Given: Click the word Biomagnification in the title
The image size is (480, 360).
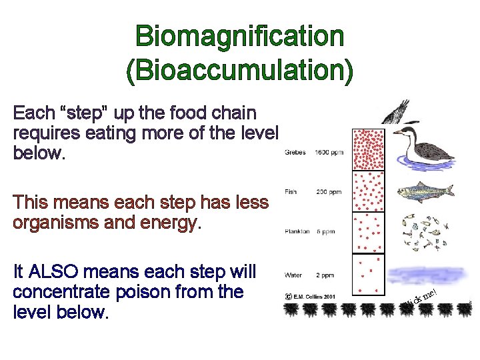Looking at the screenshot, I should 240,37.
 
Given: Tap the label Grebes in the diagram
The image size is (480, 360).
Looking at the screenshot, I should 295,152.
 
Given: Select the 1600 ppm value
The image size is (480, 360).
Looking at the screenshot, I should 329,152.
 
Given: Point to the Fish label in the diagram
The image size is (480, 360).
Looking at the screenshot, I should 291,192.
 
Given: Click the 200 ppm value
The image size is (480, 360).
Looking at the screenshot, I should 329,192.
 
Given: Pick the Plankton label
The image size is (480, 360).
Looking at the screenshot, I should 297,232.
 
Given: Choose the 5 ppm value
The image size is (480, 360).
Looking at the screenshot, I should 326,232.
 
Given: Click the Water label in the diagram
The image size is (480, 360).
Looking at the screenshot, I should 293,275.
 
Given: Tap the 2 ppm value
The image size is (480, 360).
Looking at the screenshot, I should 326,275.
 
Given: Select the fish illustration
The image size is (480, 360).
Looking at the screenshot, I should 425,193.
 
